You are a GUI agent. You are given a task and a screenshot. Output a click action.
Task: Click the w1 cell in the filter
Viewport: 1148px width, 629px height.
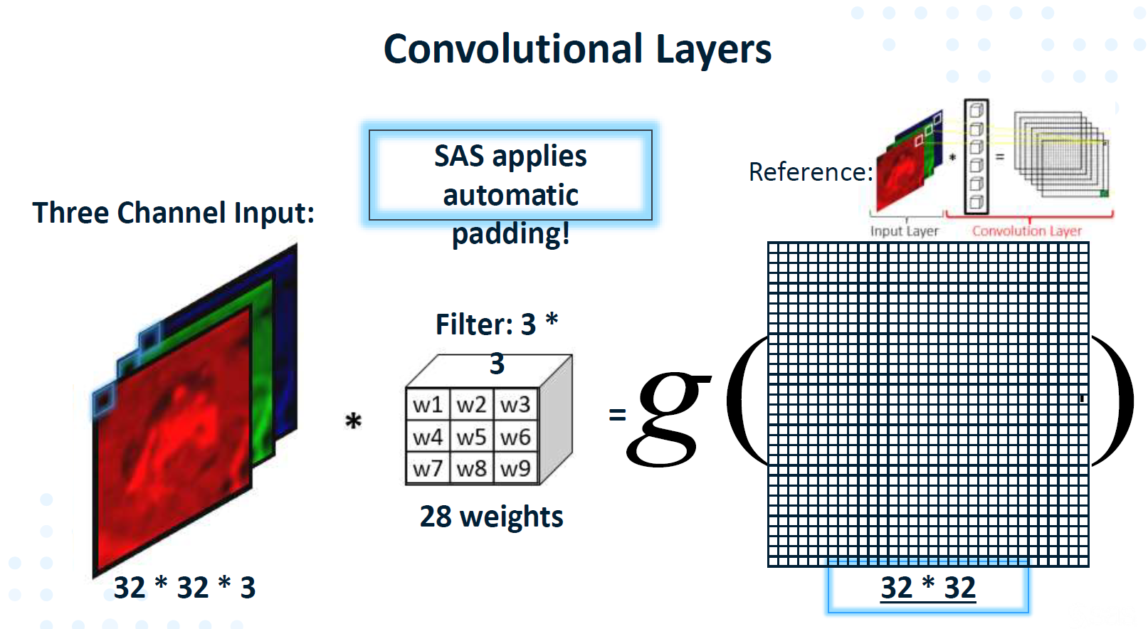427,405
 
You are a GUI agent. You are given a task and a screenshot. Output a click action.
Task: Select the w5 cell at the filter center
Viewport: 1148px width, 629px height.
471,437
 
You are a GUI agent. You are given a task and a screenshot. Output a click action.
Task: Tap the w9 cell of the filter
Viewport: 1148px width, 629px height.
515,469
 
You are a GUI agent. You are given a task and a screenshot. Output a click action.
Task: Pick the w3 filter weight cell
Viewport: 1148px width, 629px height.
515,405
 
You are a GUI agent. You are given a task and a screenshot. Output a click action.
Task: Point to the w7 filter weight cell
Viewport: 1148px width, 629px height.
427,469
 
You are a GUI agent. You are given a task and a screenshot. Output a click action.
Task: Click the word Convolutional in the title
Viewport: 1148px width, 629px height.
513,49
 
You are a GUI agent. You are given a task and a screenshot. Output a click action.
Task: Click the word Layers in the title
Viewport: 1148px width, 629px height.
713,49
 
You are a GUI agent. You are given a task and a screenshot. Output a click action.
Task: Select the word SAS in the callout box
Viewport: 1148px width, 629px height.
459,157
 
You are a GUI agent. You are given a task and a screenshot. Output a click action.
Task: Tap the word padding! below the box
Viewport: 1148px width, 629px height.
511,233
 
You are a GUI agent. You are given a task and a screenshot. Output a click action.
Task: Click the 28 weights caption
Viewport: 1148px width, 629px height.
491,517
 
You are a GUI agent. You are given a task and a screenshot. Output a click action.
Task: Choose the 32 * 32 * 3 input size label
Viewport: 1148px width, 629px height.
184,588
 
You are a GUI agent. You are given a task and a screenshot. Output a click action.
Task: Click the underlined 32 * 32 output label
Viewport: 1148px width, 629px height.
928,588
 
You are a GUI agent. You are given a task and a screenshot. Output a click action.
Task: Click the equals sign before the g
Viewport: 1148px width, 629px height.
617,414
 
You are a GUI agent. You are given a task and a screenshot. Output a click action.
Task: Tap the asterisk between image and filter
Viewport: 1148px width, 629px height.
353,421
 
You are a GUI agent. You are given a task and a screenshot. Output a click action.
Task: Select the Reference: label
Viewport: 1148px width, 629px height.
810,172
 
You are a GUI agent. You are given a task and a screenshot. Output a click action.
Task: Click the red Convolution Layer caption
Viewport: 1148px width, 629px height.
1026,231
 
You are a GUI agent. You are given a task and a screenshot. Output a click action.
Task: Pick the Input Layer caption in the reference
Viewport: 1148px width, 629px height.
904,231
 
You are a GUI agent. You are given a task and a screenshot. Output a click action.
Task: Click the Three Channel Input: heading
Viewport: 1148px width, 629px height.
174,213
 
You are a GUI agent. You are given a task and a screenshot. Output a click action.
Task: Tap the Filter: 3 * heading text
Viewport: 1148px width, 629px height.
497,325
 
